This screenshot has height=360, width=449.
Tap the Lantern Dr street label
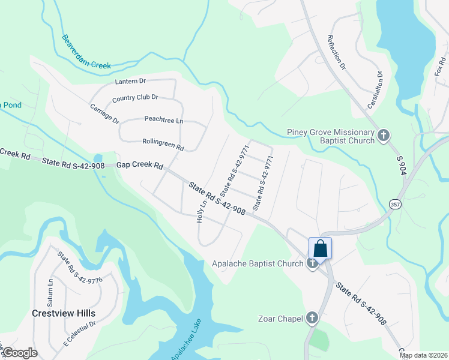[130, 81]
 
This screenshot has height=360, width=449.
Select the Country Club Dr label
[135, 97]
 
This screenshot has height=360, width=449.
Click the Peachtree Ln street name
[163, 120]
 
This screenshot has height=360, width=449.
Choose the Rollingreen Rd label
[163, 144]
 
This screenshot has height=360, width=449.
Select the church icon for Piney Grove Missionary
[384, 136]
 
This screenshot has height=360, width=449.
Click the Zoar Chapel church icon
[312, 318]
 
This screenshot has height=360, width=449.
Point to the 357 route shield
[396, 204]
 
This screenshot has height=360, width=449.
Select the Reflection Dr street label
[337, 52]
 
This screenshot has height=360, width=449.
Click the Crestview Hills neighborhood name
[64, 313]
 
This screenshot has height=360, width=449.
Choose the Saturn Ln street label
[51, 289]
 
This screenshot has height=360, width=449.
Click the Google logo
[20, 352]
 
